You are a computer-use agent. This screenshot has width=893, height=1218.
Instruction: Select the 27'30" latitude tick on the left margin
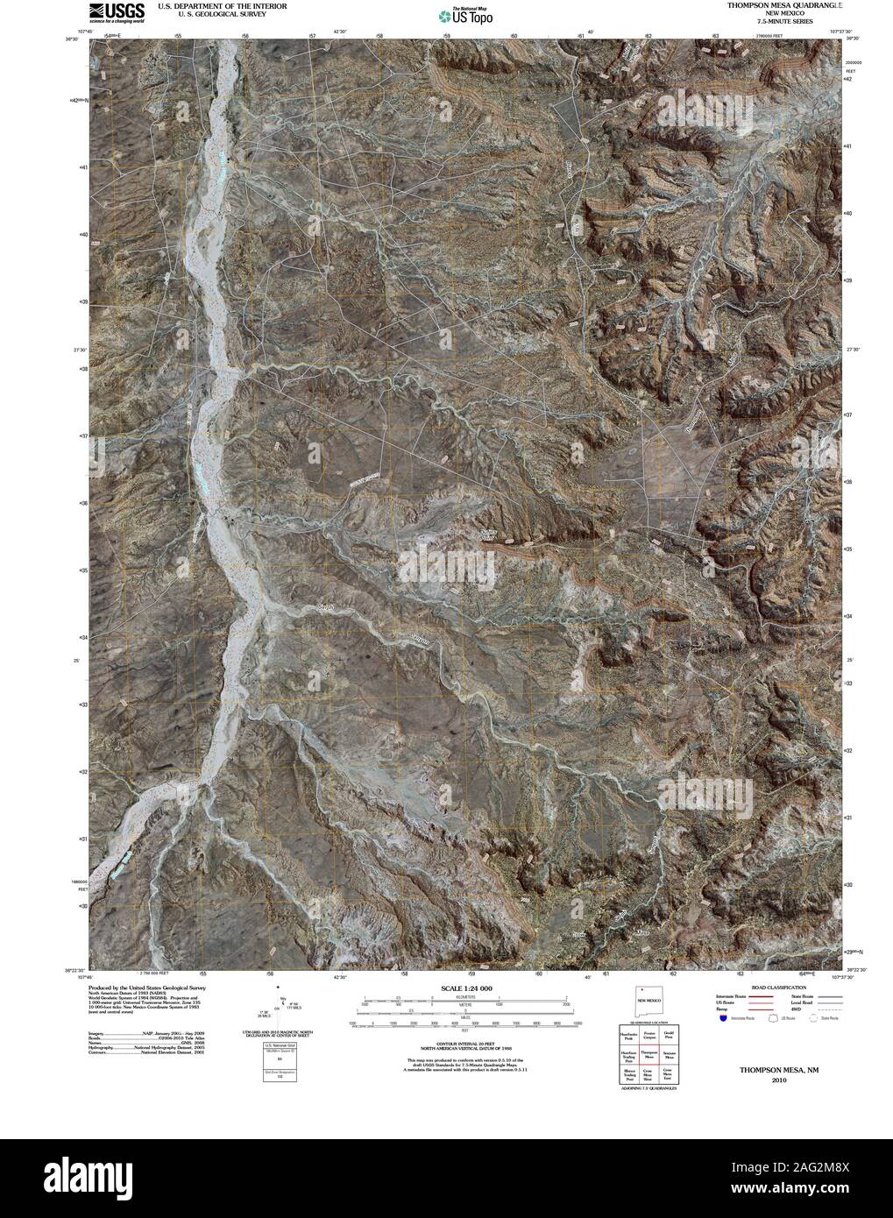(x=79, y=351)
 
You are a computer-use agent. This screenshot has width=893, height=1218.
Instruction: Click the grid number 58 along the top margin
(x=379, y=36)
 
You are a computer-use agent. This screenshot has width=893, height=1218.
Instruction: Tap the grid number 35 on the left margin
(x=83, y=570)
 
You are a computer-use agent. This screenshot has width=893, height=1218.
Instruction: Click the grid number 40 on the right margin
(x=847, y=213)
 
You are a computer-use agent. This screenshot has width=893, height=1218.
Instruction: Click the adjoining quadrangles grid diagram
(x=648, y=1056)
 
